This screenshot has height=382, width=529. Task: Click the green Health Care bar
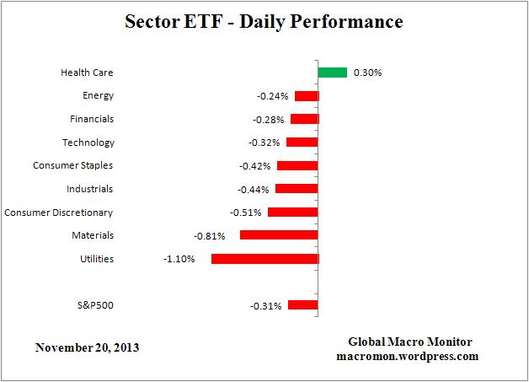333,73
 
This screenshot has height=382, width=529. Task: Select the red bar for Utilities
264,259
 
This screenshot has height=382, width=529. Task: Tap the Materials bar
279,235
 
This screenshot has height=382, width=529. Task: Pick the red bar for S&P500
302,305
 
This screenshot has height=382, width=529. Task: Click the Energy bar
307,96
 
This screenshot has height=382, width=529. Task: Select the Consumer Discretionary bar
292,213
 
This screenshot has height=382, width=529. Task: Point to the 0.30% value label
367,73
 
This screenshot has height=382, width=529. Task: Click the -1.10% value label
179,259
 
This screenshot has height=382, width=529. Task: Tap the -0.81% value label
209,236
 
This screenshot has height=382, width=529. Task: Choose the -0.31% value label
265,306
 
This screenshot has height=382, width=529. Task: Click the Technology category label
88,143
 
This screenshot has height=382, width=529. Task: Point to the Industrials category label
89,189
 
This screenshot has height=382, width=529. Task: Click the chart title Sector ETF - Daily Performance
264,20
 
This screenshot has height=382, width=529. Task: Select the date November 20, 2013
88,347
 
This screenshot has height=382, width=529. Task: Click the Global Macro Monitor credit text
410,342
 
